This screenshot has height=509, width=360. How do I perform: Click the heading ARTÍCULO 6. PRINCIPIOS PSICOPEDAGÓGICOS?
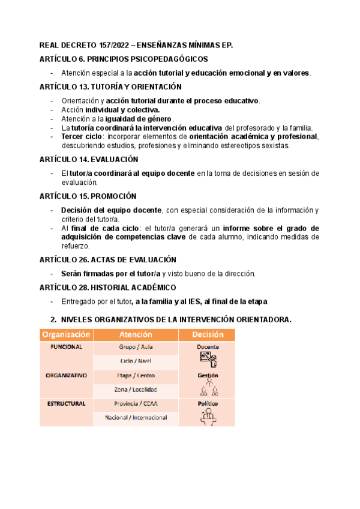[123, 59]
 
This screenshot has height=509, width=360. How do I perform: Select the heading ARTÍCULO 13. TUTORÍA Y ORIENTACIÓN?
[110, 86]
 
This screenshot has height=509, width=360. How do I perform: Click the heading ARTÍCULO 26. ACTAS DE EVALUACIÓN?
[107, 259]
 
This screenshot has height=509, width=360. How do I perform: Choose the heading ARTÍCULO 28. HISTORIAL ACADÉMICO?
[107, 288]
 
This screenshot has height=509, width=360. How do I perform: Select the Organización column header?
[66, 334]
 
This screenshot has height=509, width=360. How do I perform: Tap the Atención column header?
[135, 334]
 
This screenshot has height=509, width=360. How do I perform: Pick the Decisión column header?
[208, 334]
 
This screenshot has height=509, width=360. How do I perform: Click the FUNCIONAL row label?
[66, 347]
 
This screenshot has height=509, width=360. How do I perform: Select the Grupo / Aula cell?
[135, 347]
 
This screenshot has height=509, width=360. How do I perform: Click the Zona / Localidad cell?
[135, 389]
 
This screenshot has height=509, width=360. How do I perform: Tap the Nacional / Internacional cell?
[136, 417]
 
